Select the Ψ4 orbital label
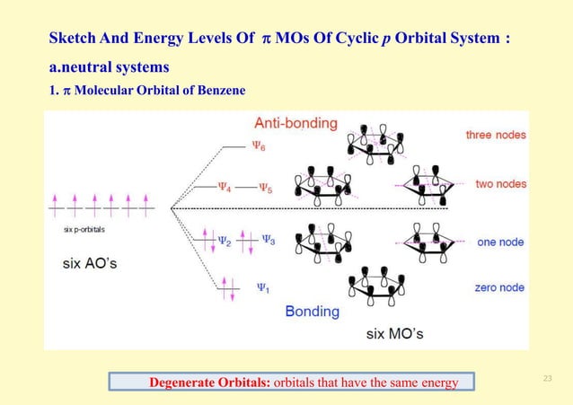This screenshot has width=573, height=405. (225, 188)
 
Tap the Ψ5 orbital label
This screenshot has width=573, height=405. (267, 188)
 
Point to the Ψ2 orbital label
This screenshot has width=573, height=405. (225, 240)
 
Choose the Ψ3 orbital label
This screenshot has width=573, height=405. (267, 240)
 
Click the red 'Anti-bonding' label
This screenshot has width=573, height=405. (295, 122)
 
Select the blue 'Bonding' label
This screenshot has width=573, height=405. (312, 312)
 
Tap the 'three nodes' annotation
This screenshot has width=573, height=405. (495, 135)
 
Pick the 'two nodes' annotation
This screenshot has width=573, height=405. (500, 184)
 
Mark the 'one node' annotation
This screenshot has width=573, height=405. (499, 242)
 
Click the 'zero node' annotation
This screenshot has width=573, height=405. (499, 287)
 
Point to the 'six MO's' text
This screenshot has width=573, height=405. (394, 333)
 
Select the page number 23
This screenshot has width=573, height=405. (547, 378)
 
